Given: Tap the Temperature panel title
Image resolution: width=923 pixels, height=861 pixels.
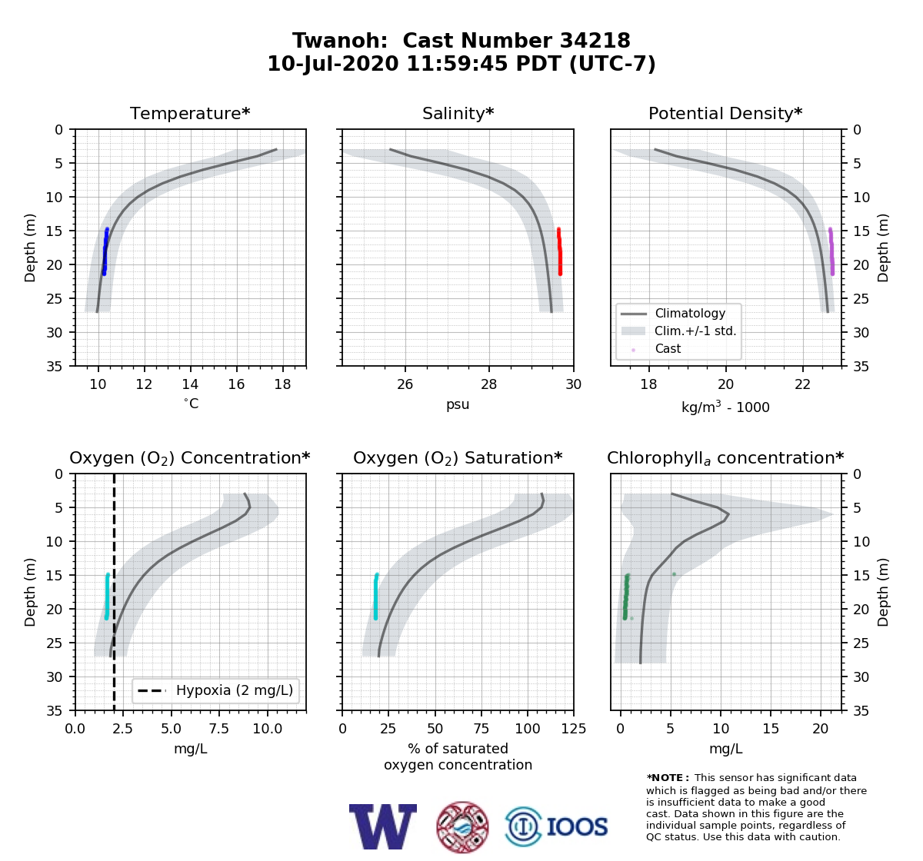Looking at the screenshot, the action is pyautogui.click(x=190, y=113).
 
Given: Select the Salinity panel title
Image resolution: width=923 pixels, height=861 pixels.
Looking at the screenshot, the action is pyautogui.click(x=458, y=113).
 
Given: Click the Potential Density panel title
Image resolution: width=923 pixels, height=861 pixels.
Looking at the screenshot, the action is pyautogui.click(x=725, y=113).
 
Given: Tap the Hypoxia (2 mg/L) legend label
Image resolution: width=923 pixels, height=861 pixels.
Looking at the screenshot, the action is pyautogui.click(x=235, y=690).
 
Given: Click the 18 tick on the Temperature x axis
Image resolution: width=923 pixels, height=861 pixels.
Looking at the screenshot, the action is pyautogui.click(x=282, y=384).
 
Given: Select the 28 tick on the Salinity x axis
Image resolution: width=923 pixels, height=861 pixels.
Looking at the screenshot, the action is pyautogui.click(x=489, y=384).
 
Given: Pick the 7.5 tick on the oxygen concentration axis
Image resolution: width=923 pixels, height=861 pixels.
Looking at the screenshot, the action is pyautogui.click(x=219, y=729).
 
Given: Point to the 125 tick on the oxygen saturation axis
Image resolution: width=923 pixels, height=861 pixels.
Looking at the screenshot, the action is pyautogui.click(x=574, y=729).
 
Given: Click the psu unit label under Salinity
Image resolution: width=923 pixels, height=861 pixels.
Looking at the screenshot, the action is pyautogui.click(x=458, y=404).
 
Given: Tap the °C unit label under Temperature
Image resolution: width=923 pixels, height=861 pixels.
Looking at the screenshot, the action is pyautogui.click(x=191, y=404).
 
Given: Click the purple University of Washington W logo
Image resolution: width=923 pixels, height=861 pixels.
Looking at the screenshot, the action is pyautogui.click(x=383, y=826).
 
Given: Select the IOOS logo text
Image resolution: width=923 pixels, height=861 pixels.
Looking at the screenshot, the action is pyautogui.click(x=577, y=826).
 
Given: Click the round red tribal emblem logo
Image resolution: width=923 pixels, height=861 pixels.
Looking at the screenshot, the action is pyautogui.click(x=462, y=827).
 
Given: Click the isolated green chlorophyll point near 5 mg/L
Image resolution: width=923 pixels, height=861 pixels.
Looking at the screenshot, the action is pyautogui.click(x=674, y=574).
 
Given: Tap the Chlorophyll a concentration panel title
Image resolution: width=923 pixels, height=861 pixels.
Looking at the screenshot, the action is pyautogui.click(x=725, y=458).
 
